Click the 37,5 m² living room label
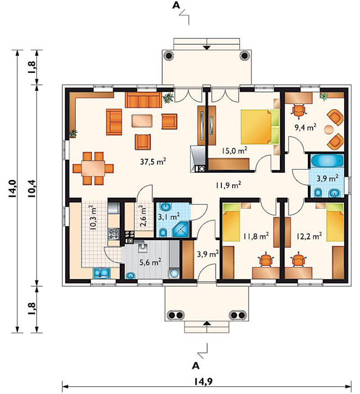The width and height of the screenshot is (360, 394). pyautogui.click(x=153, y=161)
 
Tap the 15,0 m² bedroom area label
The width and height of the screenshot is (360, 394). pyautogui.click(x=234, y=150)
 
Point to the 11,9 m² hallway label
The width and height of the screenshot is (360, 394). pyautogui.click(x=228, y=185)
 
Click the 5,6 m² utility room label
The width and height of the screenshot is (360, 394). pyautogui.click(x=150, y=262)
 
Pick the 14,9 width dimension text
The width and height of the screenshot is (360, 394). pyautogui.click(x=203, y=382)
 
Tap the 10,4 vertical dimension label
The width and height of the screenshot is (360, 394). pyautogui.click(x=32, y=189)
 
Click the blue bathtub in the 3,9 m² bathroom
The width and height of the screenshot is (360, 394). pyautogui.click(x=327, y=160)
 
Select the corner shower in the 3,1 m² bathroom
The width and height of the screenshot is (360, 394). pyautogui.click(x=181, y=229)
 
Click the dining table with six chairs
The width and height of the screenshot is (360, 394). pyautogui.click(x=93, y=168)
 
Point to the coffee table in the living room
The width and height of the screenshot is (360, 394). pyautogui.click(x=142, y=121)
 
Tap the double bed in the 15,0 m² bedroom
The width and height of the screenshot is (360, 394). pyautogui.click(x=260, y=127)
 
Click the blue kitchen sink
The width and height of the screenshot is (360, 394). pyautogui.click(x=102, y=273)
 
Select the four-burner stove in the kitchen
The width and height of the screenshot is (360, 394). pyautogui.click(x=113, y=234)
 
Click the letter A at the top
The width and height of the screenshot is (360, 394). pyautogui.click(x=176, y=5)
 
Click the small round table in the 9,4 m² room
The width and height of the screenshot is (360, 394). pyautogui.click(x=328, y=129)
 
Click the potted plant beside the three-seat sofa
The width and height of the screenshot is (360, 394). pyautogui.click(x=167, y=97)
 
